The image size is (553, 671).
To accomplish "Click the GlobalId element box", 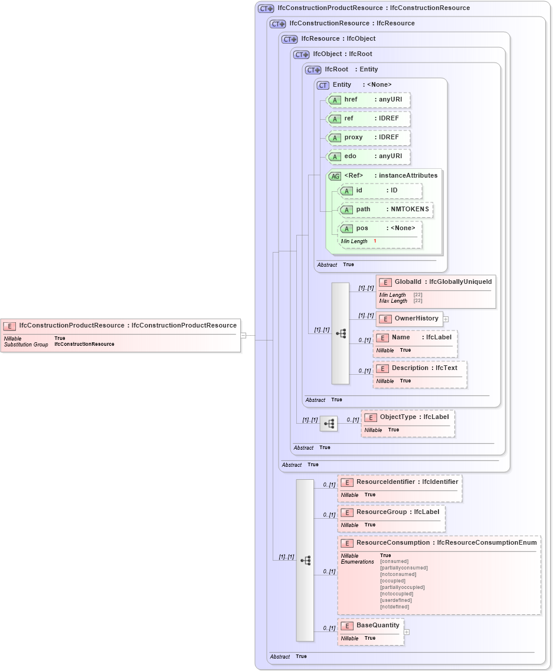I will click(x=436, y=282).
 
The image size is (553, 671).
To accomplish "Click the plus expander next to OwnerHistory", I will click(x=446, y=319).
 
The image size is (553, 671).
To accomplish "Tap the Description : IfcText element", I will click(x=420, y=368).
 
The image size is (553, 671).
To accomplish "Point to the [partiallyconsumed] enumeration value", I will click(x=404, y=568).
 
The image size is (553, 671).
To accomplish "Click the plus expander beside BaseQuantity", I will click(x=406, y=631).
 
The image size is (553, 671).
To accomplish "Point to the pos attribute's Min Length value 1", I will click(x=375, y=241).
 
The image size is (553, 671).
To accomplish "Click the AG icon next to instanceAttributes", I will click(x=335, y=176).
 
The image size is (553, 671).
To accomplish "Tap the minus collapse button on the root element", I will click(x=243, y=335).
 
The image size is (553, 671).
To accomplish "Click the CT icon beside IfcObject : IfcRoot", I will click(x=302, y=54).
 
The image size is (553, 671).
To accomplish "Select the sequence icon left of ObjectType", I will click(x=329, y=423).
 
